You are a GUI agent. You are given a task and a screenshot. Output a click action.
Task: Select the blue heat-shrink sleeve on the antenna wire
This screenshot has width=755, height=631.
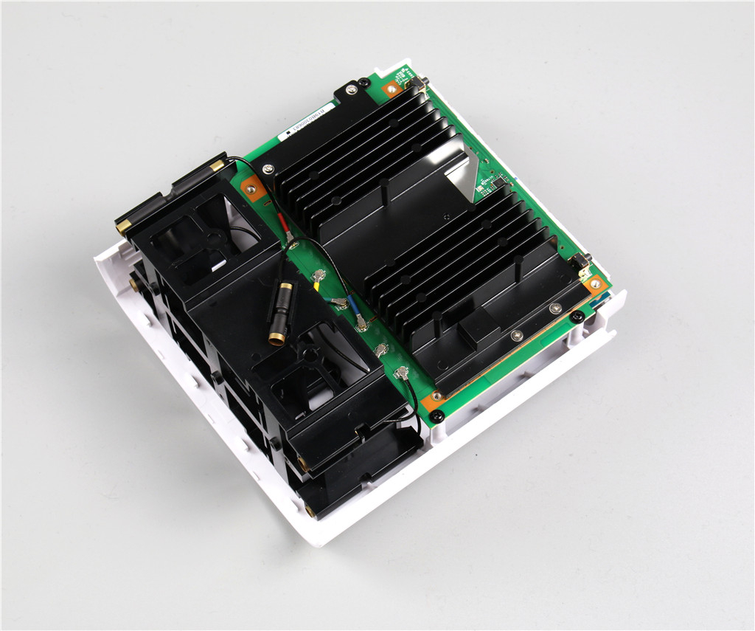tap(351, 303)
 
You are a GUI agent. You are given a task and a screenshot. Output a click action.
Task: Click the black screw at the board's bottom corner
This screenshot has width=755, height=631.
tap(437, 417)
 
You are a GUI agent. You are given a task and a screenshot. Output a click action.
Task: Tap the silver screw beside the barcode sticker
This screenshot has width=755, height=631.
tap(351, 90)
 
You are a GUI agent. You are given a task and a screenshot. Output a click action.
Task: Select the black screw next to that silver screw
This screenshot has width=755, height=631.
tap(363, 83)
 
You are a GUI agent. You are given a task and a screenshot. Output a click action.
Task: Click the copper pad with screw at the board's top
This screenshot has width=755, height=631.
tap(392, 89)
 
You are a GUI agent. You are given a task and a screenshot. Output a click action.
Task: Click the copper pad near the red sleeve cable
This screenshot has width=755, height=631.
tap(254, 190)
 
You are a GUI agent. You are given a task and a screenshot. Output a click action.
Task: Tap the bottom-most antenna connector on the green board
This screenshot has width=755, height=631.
tap(403, 375)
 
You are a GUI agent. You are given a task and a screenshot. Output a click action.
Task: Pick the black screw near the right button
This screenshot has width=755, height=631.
tap(578, 317)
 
